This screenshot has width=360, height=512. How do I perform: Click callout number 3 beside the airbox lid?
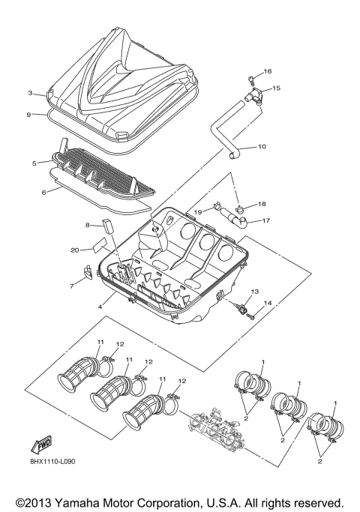coord(30,94)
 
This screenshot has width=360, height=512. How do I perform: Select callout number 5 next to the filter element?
coord(34,162)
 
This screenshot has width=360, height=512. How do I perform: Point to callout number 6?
coord(43,192)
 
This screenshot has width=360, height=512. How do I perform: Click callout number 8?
coord(87,224)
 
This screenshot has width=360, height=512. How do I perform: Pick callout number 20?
coord(75,250)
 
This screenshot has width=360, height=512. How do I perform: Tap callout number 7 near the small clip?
coord(73,286)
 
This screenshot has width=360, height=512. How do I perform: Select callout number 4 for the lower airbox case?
coord(99,306)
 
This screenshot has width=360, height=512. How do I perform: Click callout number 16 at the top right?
coord(268,71)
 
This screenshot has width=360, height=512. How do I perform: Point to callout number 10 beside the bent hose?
coord(261,147)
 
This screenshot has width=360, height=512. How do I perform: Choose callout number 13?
coord(254,291)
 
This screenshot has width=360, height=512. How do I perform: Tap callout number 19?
coord(199,213)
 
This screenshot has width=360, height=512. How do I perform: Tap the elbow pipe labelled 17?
coord(235,218)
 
